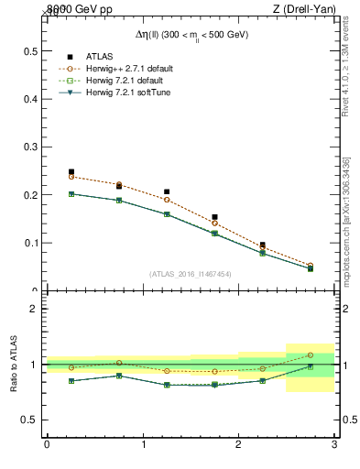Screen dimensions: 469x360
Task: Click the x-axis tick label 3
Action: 334,445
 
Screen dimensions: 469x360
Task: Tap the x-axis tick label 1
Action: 143,445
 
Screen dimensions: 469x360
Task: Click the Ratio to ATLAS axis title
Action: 14,365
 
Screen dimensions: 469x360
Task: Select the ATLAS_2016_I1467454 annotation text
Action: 190,273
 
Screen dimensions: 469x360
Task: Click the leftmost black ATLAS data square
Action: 71,171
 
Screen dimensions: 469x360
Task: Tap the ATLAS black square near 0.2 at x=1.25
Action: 167,192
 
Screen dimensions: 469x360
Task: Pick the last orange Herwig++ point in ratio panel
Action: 310,354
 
